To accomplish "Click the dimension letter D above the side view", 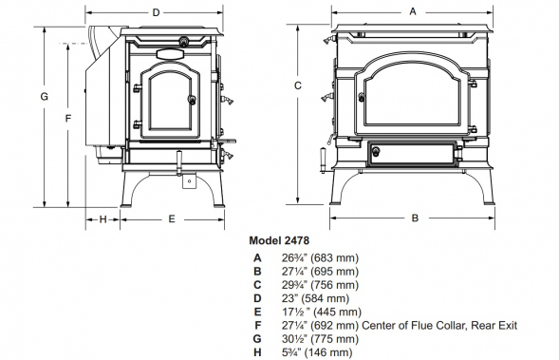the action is coord(157,13).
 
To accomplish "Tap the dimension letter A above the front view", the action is coord(413,11).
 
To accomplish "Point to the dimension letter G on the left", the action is coord(44,97).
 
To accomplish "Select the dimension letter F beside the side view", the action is coord(68,118).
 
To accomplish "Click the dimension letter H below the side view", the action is coord(102,219).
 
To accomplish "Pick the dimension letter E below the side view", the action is coord(172,219).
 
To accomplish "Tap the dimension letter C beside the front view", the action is coord(298,85).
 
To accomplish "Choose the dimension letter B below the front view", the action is coord(415,218).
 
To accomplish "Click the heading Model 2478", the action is coord(279,240).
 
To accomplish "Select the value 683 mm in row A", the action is coord(335,257).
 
